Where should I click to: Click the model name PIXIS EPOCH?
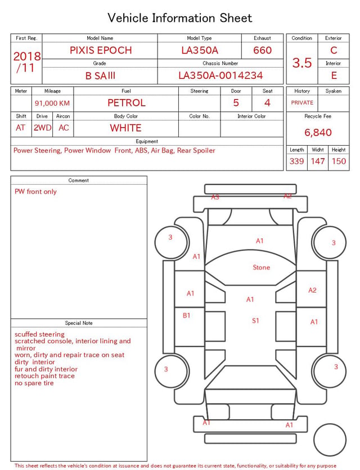click(101, 50)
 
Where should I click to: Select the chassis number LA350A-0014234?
click(220, 75)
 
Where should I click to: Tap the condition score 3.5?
click(302, 62)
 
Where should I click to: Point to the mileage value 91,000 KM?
click(52, 103)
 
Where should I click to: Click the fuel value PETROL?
click(127, 103)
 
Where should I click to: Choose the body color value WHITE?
click(125, 128)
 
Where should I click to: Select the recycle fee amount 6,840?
click(318, 132)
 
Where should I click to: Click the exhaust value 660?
click(262, 50)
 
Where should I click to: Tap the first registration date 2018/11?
click(26, 62)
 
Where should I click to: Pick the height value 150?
click(339, 161)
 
